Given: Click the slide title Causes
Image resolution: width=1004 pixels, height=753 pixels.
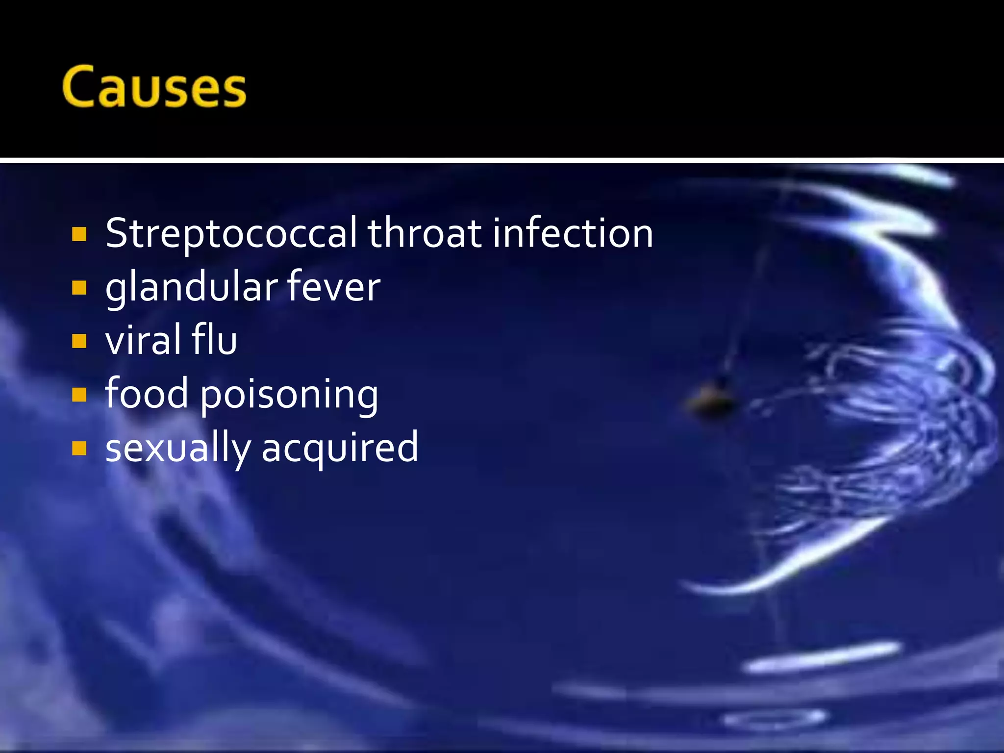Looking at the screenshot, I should point(154,87).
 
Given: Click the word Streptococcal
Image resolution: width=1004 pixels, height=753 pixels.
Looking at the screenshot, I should point(231,234).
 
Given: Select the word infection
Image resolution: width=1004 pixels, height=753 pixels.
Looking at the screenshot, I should point(573,234).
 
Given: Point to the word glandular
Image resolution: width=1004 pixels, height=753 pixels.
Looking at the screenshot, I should point(190,288).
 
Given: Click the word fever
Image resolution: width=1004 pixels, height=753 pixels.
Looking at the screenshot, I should point(333,288).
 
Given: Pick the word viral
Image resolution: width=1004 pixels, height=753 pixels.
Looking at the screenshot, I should point(142,340).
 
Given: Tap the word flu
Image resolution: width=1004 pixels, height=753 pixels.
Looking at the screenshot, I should point(214,340).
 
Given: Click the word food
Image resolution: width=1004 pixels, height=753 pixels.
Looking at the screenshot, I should point(147,394).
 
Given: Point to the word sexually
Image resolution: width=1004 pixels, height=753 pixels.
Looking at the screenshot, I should point(177,449).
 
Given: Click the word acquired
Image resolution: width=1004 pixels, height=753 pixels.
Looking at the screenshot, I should point(340,449).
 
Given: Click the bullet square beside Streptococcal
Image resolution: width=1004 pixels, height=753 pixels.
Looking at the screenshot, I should point(79,234).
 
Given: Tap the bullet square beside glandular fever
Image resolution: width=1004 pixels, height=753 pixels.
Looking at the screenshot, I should point(79,288).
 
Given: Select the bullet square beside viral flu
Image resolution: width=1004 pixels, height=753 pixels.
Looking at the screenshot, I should point(79,341).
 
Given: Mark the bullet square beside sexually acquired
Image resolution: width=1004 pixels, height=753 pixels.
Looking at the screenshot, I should point(79,448).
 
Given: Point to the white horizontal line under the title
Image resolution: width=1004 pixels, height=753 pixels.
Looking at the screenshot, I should point(502,160).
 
